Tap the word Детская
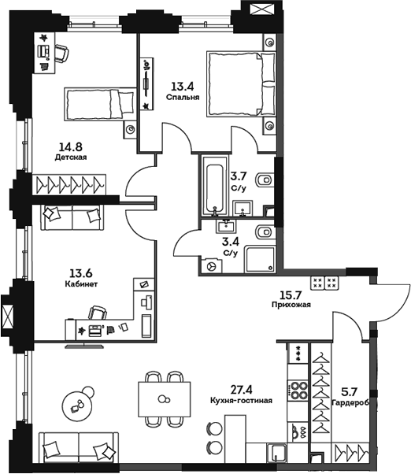click(x=70, y=157)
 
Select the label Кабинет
click(x=81, y=285)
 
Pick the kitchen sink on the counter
click(x=298, y=430)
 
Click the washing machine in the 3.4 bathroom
click(x=211, y=265)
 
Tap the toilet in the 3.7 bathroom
click(x=266, y=180)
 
